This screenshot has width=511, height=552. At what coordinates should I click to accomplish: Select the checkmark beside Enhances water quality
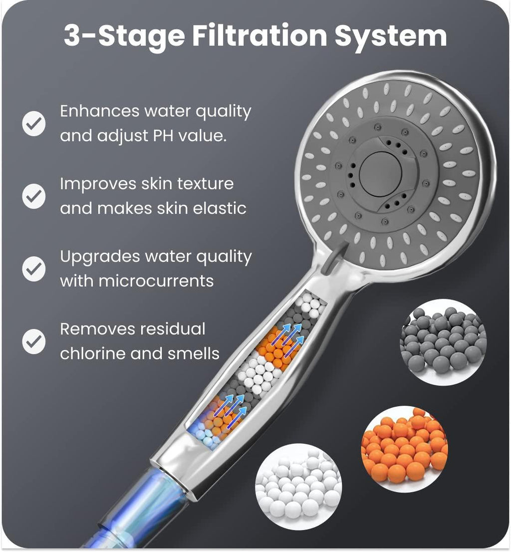point(34,124)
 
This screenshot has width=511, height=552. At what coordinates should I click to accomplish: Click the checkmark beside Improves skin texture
point(34,196)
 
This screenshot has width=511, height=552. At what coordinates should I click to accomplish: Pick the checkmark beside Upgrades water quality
point(34,269)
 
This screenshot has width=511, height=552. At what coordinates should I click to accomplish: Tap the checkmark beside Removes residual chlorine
point(34,341)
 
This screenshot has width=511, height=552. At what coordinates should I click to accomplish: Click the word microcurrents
point(156,280)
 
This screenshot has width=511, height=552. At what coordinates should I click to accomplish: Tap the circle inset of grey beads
point(443,342)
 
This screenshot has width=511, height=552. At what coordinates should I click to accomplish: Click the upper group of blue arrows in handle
point(292,335)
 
